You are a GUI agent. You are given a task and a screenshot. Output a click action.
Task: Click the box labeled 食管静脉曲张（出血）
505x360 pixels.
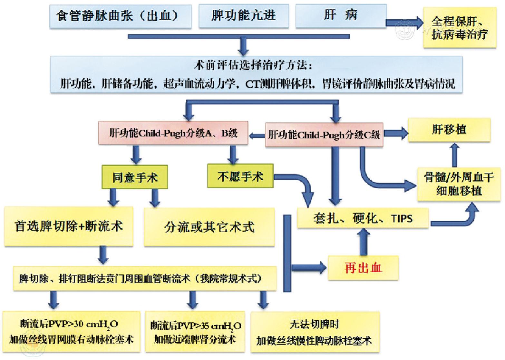coord(120,16)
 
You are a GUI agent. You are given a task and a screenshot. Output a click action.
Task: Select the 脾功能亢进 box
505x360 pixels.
coord(244,16)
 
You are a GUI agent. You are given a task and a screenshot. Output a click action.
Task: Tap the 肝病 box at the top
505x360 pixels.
coord(341,15)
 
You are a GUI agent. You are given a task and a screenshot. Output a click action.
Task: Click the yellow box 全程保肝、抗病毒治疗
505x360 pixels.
coord(460,28)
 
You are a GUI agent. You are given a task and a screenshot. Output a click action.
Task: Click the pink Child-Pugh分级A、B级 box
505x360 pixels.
coord(173,133)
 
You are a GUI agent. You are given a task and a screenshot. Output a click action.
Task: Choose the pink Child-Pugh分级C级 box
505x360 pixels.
coord(324,135)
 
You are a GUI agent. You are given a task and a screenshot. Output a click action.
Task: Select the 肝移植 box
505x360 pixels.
coord(449,130)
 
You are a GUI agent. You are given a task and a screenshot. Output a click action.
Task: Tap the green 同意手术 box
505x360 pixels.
coord(135,177)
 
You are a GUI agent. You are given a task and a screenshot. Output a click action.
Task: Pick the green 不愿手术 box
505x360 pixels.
coord(240,176)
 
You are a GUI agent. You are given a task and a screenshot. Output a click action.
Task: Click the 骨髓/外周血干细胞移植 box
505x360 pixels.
coord(459,184)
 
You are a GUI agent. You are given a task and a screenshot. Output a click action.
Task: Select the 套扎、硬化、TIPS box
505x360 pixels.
coord(363,218)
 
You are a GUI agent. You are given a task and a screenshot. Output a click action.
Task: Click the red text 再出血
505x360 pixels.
coord(363,268)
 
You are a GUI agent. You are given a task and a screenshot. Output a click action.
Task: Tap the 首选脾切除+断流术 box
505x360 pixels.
coord(69,226)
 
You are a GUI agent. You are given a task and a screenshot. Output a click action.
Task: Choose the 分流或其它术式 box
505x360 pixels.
coord(209,227)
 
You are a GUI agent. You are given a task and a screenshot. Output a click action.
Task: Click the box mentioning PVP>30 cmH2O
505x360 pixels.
coord(71,331)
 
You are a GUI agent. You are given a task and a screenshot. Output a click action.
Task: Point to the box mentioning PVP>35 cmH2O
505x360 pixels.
coord(195,332)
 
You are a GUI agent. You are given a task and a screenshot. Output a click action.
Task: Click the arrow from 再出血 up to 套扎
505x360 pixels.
coord(364,242)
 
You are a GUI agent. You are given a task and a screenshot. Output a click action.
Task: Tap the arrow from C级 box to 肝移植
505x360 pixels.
coord(396,133)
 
